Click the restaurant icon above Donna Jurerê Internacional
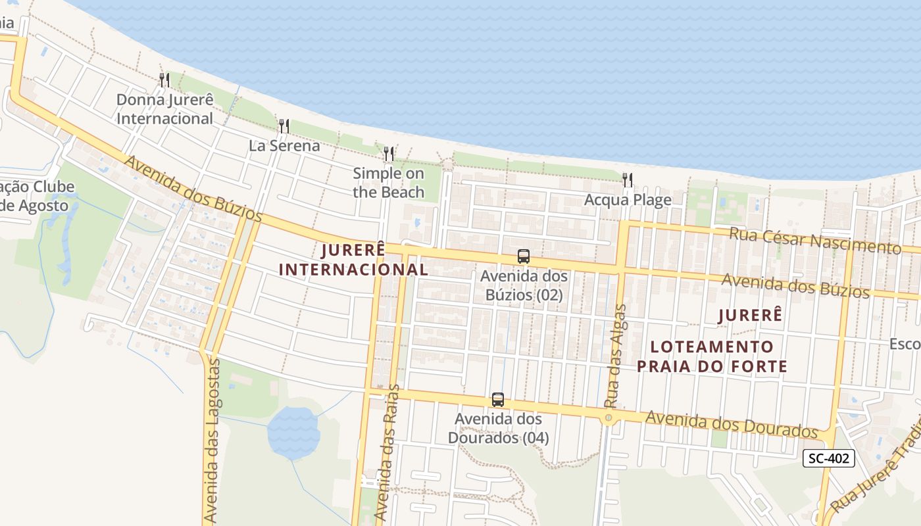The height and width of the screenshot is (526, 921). (164, 80)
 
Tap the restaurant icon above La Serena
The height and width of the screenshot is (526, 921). (284, 126)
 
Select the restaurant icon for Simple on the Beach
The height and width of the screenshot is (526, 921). (389, 154)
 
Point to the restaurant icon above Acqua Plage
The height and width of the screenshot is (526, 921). (628, 179)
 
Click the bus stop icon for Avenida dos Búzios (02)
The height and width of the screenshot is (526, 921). (524, 256)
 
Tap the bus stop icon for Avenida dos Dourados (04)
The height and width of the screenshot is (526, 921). (498, 399)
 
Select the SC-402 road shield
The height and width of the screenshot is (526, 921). (829, 458)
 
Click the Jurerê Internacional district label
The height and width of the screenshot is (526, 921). (354, 260)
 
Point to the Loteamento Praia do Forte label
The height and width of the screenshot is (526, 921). (712, 356)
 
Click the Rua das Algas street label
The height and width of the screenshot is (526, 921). (614, 355)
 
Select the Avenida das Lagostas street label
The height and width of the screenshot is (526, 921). (211, 441)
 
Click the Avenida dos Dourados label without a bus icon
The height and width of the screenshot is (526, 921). (731, 424)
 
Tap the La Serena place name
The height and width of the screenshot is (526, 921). (284, 145)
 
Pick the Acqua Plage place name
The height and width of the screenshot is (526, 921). (628, 199)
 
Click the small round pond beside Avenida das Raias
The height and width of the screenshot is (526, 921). (293, 431)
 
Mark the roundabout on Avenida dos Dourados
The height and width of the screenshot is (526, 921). (609, 418)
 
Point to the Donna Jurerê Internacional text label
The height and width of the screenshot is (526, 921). (164, 109)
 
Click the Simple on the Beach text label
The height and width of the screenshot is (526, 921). (388, 183)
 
